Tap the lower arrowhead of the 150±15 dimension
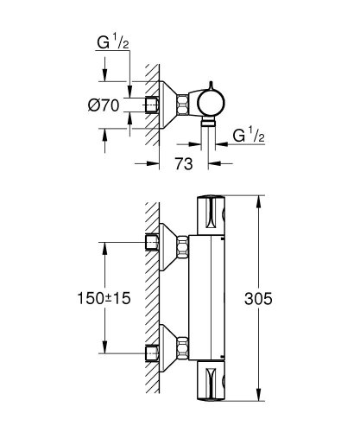[x=105, y=351]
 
